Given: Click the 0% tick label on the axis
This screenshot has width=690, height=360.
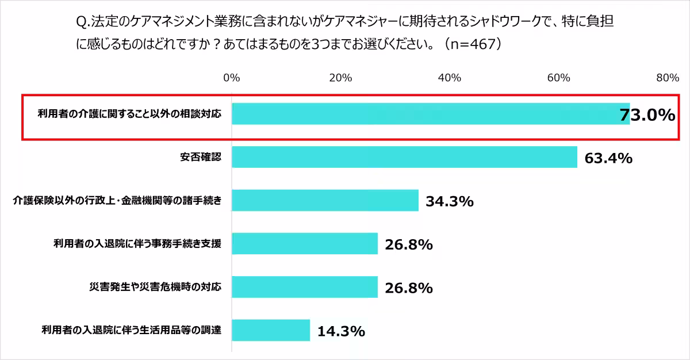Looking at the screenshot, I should tap(231, 78).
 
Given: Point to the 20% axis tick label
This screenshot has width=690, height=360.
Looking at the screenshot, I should tap(340, 78).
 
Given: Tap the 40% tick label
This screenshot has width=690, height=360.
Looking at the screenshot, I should tap(449, 78).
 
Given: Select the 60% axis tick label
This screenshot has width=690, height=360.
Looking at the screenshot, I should tap(558, 78).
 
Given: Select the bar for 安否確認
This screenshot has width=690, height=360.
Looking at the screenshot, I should tap(404, 157).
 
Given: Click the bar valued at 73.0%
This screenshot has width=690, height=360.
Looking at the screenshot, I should tap(431, 114).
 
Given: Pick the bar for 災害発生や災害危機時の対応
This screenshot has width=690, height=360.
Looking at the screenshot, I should tap(305, 287).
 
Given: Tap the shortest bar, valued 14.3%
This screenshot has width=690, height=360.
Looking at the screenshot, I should tap(271, 330).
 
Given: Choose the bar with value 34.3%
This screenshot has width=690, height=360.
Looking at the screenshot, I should tap(325, 200).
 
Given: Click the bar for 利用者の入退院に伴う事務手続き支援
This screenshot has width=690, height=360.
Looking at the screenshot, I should tap(305, 244).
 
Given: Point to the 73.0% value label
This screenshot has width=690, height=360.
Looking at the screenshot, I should tap(646, 115).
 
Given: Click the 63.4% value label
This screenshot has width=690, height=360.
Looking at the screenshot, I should tap(608, 158).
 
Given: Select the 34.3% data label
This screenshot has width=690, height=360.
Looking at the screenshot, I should tap(449, 201).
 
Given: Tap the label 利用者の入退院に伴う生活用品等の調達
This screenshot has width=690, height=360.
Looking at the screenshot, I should tap(131, 330).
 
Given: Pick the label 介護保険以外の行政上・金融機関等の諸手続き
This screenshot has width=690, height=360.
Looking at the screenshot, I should tap(117, 201).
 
